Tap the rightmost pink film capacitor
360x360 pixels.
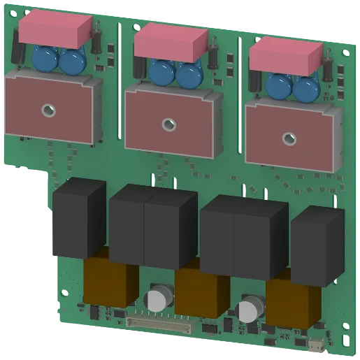285,55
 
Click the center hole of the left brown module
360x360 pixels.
48,110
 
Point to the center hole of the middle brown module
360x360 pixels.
168,124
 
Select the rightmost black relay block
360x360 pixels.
316,242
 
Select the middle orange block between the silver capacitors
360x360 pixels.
203,292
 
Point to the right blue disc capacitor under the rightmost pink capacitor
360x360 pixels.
305,88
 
